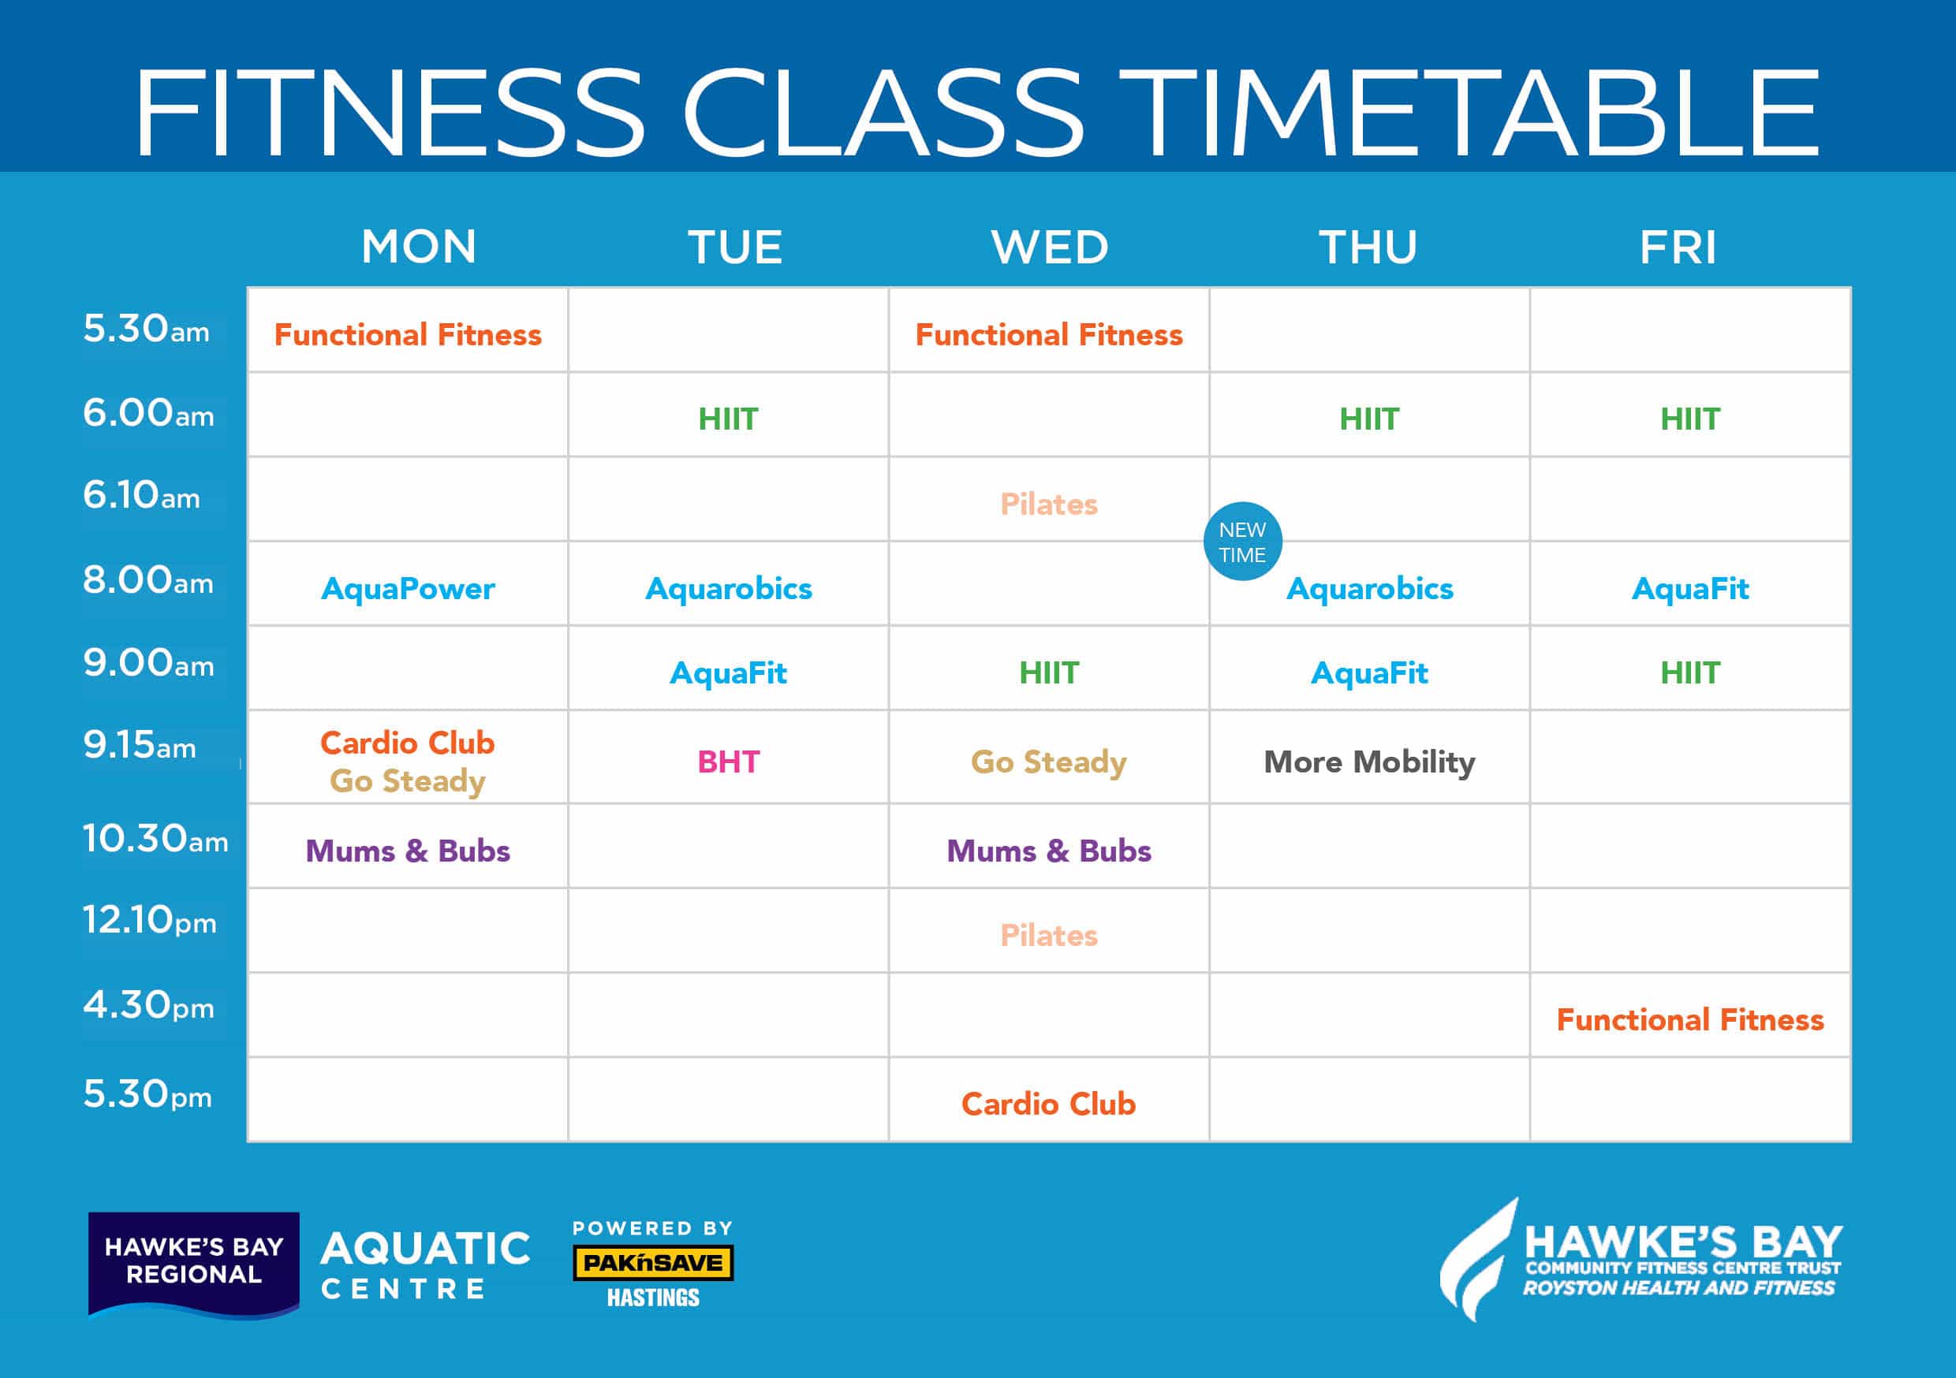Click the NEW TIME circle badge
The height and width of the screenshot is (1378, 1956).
(x=1242, y=542)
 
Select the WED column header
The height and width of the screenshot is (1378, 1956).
(x=1050, y=248)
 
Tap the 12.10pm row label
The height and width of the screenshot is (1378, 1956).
(x=149, y=920)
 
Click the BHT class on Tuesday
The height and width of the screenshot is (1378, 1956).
(x=729, y=762)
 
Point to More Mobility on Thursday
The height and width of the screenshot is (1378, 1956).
(x=1369, y=762)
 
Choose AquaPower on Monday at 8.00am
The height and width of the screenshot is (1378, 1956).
(x=407, y=589)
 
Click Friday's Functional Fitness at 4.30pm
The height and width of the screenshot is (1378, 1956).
(x=1690, y=1019)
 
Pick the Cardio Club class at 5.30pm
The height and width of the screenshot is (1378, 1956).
(x=1049, y=1104)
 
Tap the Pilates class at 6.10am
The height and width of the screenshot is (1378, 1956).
(x=1049, y=505)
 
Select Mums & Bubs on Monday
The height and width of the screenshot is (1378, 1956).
(x=407, y=851)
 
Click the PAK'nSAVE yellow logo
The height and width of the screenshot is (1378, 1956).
(x=652, y=1263)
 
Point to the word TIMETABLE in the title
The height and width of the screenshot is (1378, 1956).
(x=1469, y=114)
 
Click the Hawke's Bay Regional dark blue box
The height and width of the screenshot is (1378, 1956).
(x=193, y=1264)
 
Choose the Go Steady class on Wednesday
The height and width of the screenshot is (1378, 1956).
(x=1049, y=762)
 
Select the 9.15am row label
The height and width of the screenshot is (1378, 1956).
(x=139, y=745)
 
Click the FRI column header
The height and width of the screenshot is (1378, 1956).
(x=1678, y=248)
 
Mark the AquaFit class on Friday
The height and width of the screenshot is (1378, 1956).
(x=1690, y=589)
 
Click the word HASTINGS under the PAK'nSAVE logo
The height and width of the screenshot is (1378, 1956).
(x=652, y=1298)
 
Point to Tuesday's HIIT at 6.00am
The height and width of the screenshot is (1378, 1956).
(x=729, y=419)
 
